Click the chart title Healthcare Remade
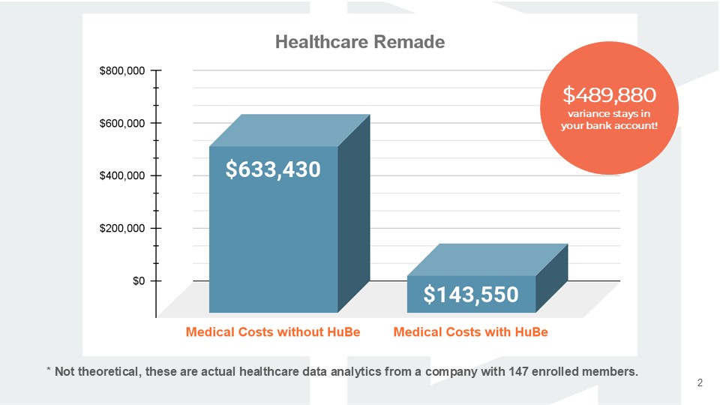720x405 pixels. pos(359,42)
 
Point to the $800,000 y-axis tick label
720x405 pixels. pos(121,71)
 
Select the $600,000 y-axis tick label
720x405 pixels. pos(121,124)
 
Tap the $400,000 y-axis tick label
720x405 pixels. pos(121,176)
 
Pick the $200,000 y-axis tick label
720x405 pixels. pos(121,229)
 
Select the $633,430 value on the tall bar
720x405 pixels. pos(273,170)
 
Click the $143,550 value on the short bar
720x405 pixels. pos(470,295)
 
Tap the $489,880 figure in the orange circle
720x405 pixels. pos(610,94)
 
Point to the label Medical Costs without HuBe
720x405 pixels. pos(273,331)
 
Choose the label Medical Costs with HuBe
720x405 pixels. pos(470,331)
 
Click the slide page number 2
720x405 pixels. pos(700,383)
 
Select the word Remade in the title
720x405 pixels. pos(412,42)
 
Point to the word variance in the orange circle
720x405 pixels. pos(589,112)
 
